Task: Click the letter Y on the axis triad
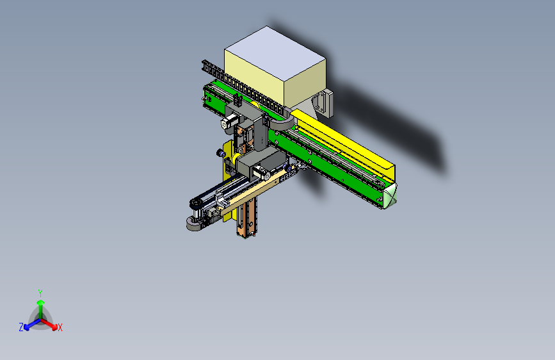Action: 40,293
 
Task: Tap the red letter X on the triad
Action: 60,327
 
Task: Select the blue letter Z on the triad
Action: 21,327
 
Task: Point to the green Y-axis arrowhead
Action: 41,302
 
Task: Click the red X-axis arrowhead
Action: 54,327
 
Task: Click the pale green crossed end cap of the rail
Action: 390,195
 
